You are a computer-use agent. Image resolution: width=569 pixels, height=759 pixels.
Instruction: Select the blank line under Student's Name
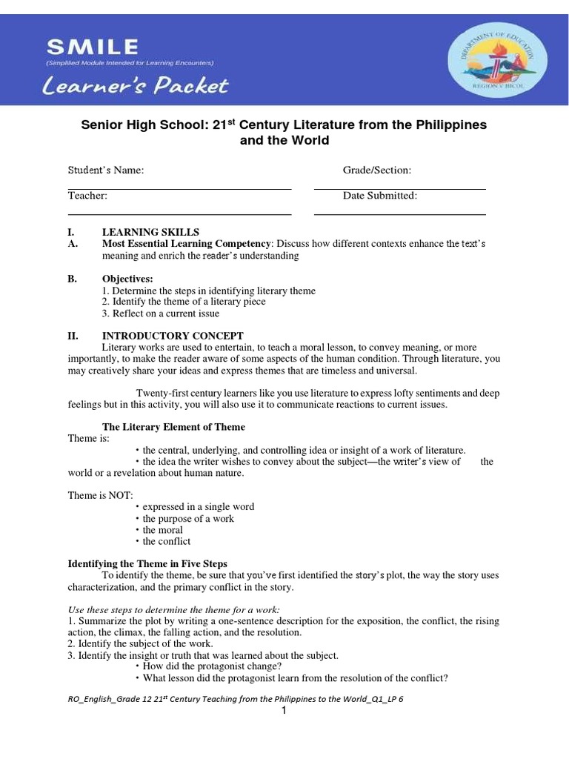pyautogui.click(x=179, y=188)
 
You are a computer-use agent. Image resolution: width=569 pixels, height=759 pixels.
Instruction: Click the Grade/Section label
pyautogui.click(x=376, y=170)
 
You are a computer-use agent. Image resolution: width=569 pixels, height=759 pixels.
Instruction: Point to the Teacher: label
pyautogui.click(x=88, y=196)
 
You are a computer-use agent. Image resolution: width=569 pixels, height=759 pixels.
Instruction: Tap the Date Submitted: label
pyautogui.click(x=379, y=196)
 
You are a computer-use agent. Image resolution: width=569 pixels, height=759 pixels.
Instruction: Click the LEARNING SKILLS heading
pyautogui.click(x=150, y=233)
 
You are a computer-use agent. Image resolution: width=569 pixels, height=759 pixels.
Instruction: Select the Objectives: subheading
pyautogui.click(x=127, y=279)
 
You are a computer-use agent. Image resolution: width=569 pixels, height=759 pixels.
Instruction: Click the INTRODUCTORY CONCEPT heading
pyautogui.click(x=173, y=336)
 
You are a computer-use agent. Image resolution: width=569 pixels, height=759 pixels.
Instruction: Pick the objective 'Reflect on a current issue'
pyautogui.click(x=161, y=314)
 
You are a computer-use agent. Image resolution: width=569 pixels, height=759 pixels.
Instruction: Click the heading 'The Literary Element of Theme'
pyautogui.click(x=173, y=427)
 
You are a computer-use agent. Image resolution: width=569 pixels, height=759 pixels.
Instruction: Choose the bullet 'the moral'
pyautogui.click(x=162, y=530)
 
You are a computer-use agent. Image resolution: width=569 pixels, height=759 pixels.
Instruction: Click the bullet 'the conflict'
pyautogui.click(x=166, y=541)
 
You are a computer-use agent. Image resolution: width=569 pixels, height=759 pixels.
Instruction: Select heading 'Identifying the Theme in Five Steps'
pyautogui.click(x=147, y=564)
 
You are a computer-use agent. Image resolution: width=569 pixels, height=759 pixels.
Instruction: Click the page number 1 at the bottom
pyautogui.click(x=283, y=712)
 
